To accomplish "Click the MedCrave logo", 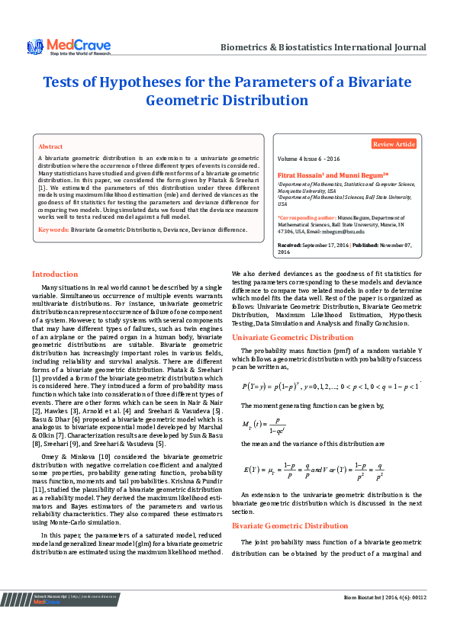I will tap(69, 47).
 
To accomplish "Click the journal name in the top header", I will tap(323, 47).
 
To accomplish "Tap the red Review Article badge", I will tap(394, 144).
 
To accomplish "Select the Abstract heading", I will tap(50, 146).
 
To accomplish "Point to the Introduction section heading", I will tap(54, 274).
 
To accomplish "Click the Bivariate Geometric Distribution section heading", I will tap(289, 525).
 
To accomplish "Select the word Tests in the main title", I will tap(63, 82).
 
